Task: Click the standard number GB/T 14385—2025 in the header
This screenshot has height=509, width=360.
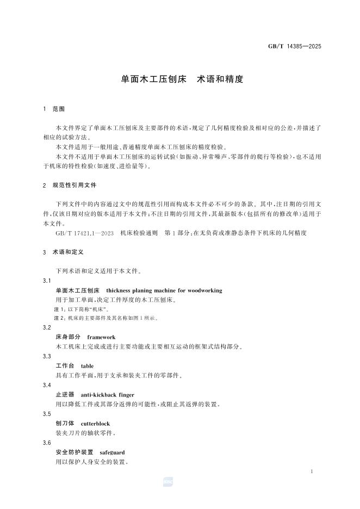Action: [x=294, y=46]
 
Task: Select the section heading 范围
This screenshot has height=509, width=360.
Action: [x=58, y=109]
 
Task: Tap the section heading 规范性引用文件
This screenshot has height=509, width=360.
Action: [x=75, y=185]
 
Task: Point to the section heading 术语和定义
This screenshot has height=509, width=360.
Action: [x=67, y=253]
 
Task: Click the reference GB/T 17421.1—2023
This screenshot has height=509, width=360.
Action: [x=84, y=233]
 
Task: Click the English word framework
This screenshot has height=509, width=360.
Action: [x=101, y=337]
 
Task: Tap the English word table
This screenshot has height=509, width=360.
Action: [x=87, y=367]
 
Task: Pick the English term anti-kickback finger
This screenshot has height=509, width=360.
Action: [x=107, y=395]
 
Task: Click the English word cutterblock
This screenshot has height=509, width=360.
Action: [x=95, y=423]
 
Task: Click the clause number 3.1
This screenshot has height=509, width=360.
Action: [x=46, y=281]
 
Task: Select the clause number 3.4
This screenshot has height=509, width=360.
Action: [x=46, y=384]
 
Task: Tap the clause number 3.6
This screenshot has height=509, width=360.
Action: [x=46, y=442]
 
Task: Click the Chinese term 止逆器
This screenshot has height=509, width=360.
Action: [x=65, y=395]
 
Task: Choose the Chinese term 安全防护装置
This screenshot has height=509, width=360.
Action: [x=75, y=452]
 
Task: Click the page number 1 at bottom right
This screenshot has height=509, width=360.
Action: [x=312, y=471]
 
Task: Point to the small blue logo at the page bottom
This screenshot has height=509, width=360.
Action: [x=167, y=481]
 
